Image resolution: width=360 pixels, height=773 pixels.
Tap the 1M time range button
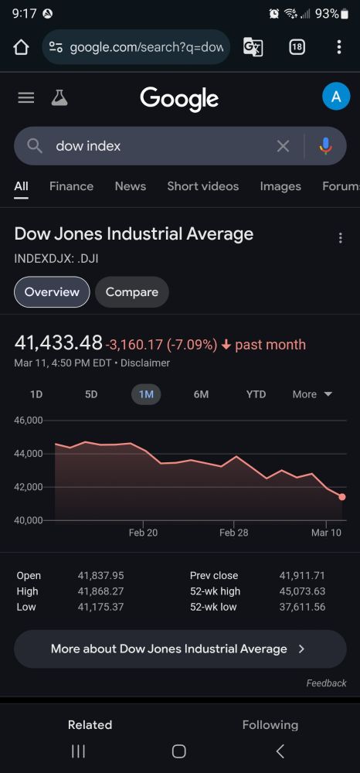[146, 394]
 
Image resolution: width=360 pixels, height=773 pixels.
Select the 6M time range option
[201, 394]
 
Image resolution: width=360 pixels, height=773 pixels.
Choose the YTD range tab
[256, 394]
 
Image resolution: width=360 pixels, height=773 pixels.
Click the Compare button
[131, 292]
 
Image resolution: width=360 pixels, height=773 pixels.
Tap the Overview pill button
[52, 292]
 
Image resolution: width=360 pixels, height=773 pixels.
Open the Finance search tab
[71, 186]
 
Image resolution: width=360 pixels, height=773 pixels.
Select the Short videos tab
[202, 186]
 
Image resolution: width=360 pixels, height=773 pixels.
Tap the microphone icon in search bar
[325, 146]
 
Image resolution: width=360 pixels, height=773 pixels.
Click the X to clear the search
[283, 146]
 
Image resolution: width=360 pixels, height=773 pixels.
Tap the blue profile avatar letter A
[335, 97]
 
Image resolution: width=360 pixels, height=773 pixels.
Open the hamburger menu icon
[26, 97]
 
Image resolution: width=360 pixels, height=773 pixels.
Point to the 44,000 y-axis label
[29, 454]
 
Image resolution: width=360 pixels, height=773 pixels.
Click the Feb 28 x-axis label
[233, 533]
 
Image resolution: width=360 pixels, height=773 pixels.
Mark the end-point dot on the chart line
[342, 497]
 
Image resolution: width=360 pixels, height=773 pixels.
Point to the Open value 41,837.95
[100, 576]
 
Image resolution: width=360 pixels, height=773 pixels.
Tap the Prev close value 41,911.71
[302, 576]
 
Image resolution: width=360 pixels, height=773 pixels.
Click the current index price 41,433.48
[59, 342]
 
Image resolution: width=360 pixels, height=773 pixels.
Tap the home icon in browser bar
[21, 47]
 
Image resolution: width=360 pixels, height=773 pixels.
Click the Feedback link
[326, 683]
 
